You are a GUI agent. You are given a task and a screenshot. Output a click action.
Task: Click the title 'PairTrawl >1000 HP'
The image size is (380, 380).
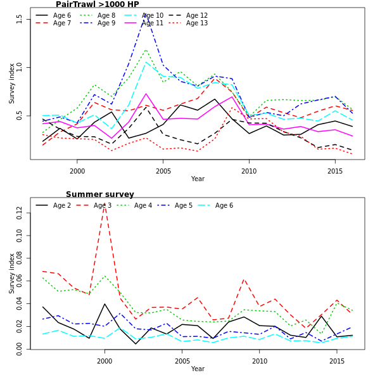tap(98, 4)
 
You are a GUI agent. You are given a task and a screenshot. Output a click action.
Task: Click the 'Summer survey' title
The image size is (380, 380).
tap(100, 194)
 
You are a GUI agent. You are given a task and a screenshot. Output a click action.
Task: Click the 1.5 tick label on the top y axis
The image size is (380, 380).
tap(20, 18)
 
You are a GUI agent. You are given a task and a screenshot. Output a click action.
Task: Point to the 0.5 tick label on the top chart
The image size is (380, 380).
tap(20, 115)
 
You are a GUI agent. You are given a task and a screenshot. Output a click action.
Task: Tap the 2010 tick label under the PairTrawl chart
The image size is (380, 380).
tap(249, 171)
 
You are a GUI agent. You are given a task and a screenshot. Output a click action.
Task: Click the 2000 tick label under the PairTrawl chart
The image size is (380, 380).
tap(77, 171)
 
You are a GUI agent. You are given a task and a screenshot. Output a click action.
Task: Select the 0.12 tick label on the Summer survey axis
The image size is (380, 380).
tap(20, 213)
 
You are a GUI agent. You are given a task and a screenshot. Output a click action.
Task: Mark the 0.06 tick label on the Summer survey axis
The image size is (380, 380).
tap(20, 281)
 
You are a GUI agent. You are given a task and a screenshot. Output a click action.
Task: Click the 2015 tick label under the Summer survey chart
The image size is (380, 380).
tap(337, 361)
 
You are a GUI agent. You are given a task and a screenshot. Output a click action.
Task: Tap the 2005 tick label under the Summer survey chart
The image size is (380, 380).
tap(182, 361)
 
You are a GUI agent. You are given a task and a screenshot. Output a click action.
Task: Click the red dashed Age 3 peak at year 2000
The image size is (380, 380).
tap(104, 205)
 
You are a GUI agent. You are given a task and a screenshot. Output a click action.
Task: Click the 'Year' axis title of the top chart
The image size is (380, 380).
tap(198, 179)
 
